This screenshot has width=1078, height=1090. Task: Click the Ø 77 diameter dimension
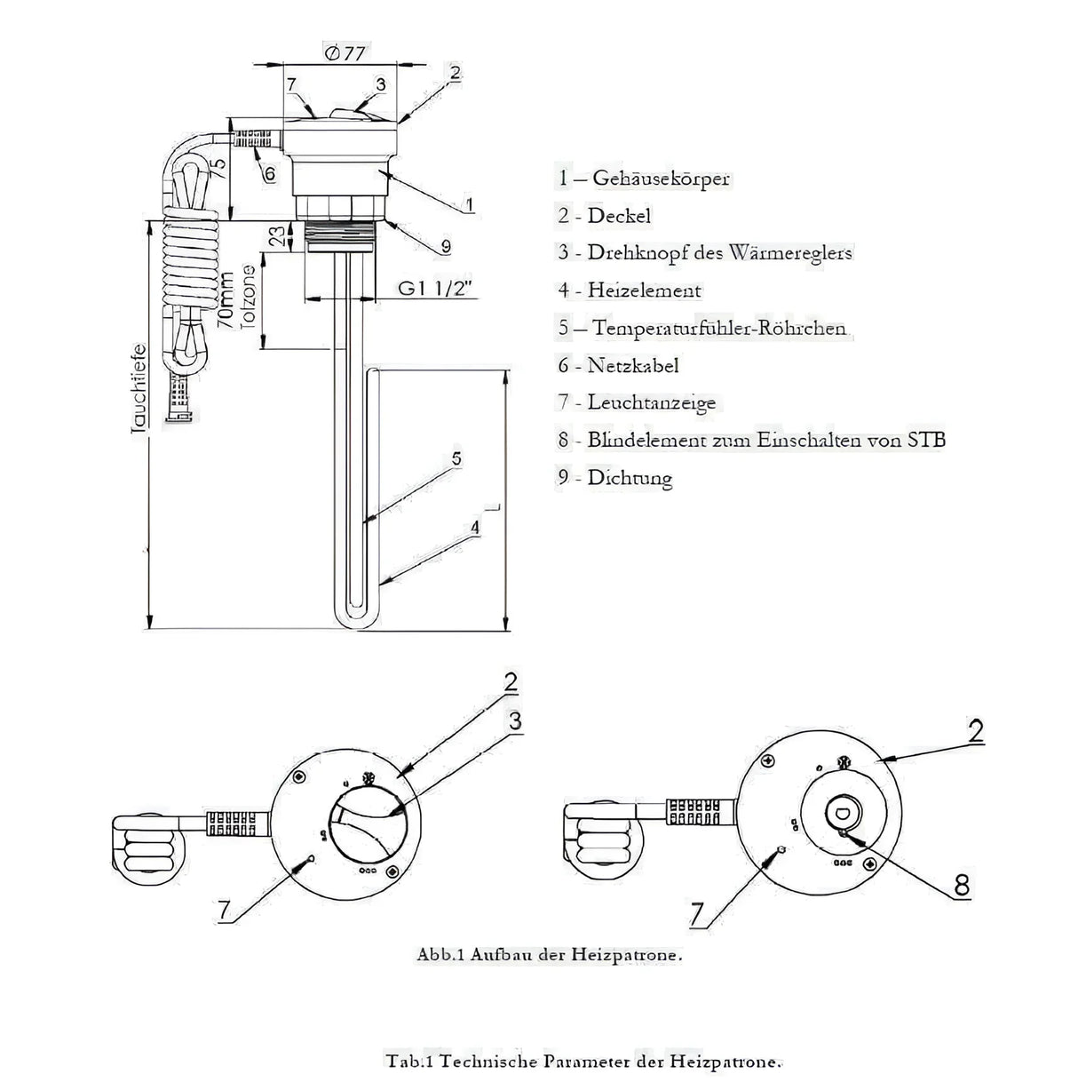pyautogui.click(x=345, y=53)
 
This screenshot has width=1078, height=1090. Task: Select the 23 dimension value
pyautogui.click(x=278, y=235)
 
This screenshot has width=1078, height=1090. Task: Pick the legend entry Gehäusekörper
pyautogui.click(x=644, y=178)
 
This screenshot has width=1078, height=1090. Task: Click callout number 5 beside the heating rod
pyautogui.click(x=456, y=458)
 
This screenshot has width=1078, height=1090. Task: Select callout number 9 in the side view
pyautogui.click(x=446, y=245)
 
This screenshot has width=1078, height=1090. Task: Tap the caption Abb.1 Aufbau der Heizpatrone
pyautogui.click(x=550, y=956)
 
